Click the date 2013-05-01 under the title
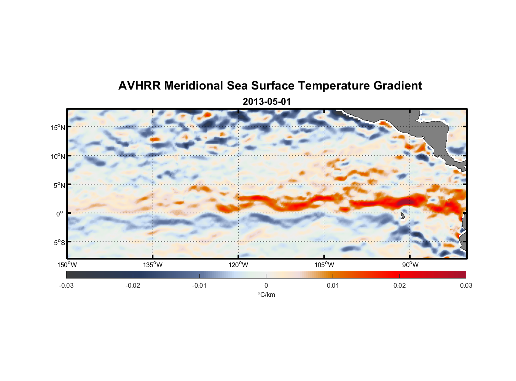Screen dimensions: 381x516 coord(267,102)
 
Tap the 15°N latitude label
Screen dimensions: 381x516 coord(57,127)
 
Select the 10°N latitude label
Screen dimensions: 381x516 coord(57,156)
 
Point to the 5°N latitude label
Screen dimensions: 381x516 coord(59,185)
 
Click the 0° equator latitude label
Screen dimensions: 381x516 coord(60,214)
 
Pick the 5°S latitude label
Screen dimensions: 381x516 coord(59,243)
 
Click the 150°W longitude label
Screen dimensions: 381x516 coord(67,265)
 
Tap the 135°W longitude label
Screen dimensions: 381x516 coord(153,265)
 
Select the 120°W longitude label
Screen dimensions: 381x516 coord(238,265)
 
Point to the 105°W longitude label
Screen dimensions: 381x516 coord(324,265)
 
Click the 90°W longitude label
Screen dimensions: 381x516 coord(410,265)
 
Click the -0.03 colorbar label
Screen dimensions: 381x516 coord(66,285)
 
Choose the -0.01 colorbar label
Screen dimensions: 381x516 coord(199,285)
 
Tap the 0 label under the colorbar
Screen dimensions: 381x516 coord(266,285)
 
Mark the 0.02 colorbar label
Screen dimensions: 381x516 coord(400,285)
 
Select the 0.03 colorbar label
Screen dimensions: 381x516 coord(466,285)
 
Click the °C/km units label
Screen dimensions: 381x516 coord(266,295)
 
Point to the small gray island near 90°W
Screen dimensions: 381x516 coord(403,216)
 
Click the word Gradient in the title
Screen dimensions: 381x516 coord(398,86)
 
